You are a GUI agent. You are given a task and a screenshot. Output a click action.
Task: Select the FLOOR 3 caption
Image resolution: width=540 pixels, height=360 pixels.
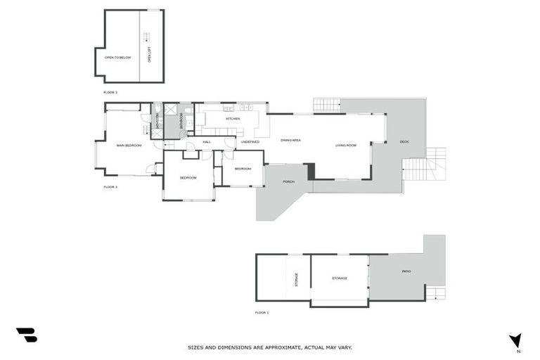(x=110, y=92)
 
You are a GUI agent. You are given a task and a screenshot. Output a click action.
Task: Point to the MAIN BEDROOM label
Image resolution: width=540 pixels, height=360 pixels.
(x=129, y=146)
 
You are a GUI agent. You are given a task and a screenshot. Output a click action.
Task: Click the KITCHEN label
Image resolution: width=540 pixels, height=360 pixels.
(x=233, y=119)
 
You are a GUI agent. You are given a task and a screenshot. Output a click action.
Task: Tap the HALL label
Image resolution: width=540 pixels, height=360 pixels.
(x=207, y=142)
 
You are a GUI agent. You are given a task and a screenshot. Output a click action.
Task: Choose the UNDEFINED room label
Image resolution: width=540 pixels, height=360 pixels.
(x=250, y=142)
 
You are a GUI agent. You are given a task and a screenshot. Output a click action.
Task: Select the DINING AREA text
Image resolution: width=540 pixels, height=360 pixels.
(x=290, y=141)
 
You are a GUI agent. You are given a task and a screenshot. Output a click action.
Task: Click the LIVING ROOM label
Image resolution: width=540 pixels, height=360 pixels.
(x=345, y=146)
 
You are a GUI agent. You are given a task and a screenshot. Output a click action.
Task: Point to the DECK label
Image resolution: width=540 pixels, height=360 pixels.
(x=404, y=142)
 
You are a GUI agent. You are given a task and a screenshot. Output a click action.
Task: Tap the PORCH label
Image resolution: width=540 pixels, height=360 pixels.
(x=288, y=182)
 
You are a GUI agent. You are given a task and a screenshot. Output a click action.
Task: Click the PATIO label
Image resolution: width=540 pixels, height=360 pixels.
(x=406, y=271)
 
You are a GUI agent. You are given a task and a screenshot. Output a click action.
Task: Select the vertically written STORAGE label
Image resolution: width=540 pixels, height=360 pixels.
(x=296, y=280)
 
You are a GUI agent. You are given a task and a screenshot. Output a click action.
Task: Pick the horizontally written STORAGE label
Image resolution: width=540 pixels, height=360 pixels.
(x=340, y=278)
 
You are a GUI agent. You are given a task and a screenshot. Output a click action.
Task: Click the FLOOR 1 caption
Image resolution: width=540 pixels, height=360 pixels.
(x=262, y=312)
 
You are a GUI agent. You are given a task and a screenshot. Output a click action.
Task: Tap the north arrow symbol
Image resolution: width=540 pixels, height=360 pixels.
(x=515, y=341)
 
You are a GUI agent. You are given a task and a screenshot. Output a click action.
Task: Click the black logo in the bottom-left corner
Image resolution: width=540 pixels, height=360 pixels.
(x=26, y=335)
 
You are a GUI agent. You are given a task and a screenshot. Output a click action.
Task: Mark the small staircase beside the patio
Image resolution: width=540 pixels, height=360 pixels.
(x=436, y=293)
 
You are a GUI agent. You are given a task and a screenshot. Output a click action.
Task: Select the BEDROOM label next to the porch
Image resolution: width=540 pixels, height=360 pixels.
(x=243, y=169)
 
